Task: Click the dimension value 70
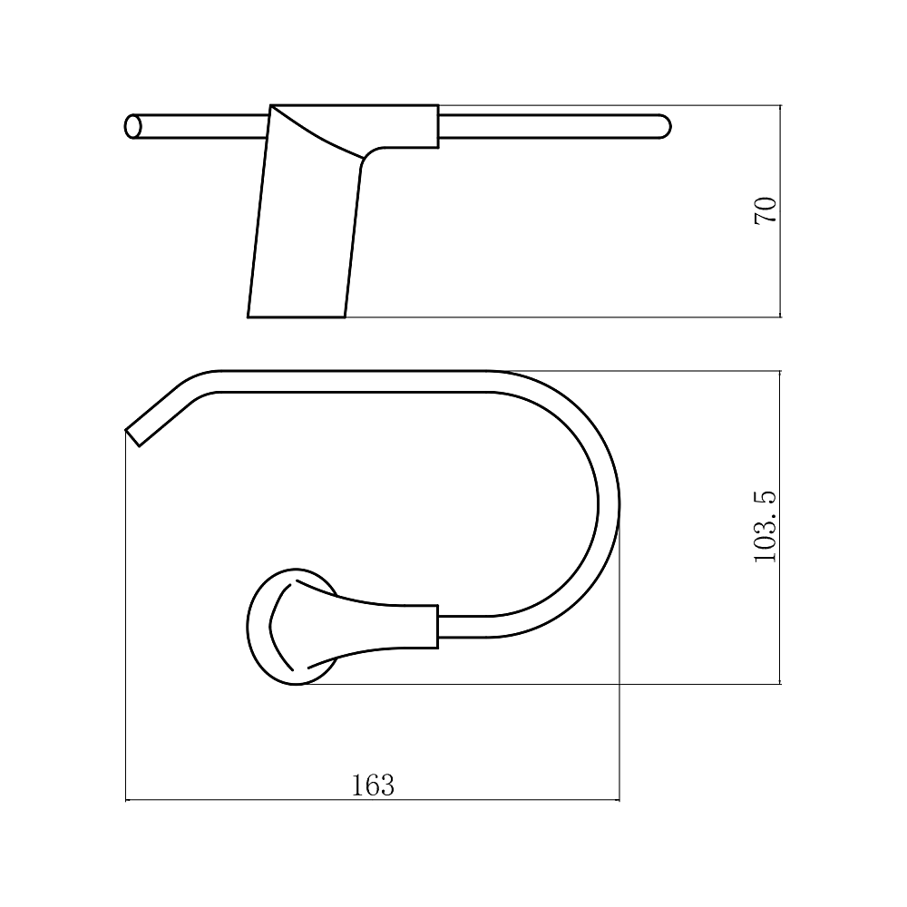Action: click(766, 210)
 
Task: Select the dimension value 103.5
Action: click(766, 526)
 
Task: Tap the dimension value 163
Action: click(373, 785)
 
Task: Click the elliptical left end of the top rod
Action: click(133, 127)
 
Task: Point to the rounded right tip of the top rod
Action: click(665, 127)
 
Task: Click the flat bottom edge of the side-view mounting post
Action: click(297, 317)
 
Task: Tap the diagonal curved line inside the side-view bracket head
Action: click(317, 132)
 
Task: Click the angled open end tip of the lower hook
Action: click(132, 438)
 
